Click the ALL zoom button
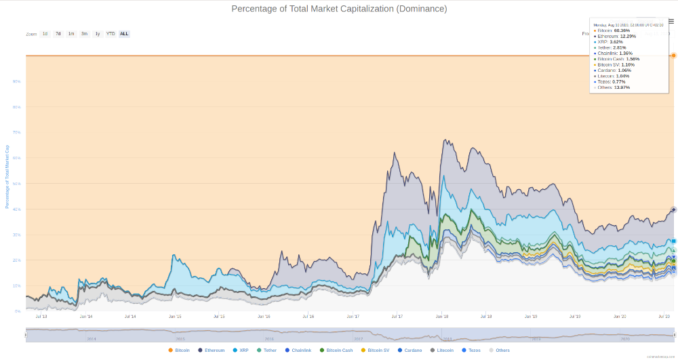tap(124, 33)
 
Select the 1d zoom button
tap(45, 33)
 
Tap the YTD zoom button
tap(111, 33)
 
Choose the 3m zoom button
tap(84, 33)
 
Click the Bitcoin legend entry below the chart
tap(179, 351)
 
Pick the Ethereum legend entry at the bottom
tap(212, 351)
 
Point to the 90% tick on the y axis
tap(17, 81)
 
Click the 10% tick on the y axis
tap(17, 285)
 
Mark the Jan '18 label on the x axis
tap(442, 317)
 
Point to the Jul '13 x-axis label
tap(41, 317)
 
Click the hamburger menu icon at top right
tap(671, 21)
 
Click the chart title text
tap(339, 9)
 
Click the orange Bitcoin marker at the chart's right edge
tap(673, 56)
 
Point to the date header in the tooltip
tap(628, 24)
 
